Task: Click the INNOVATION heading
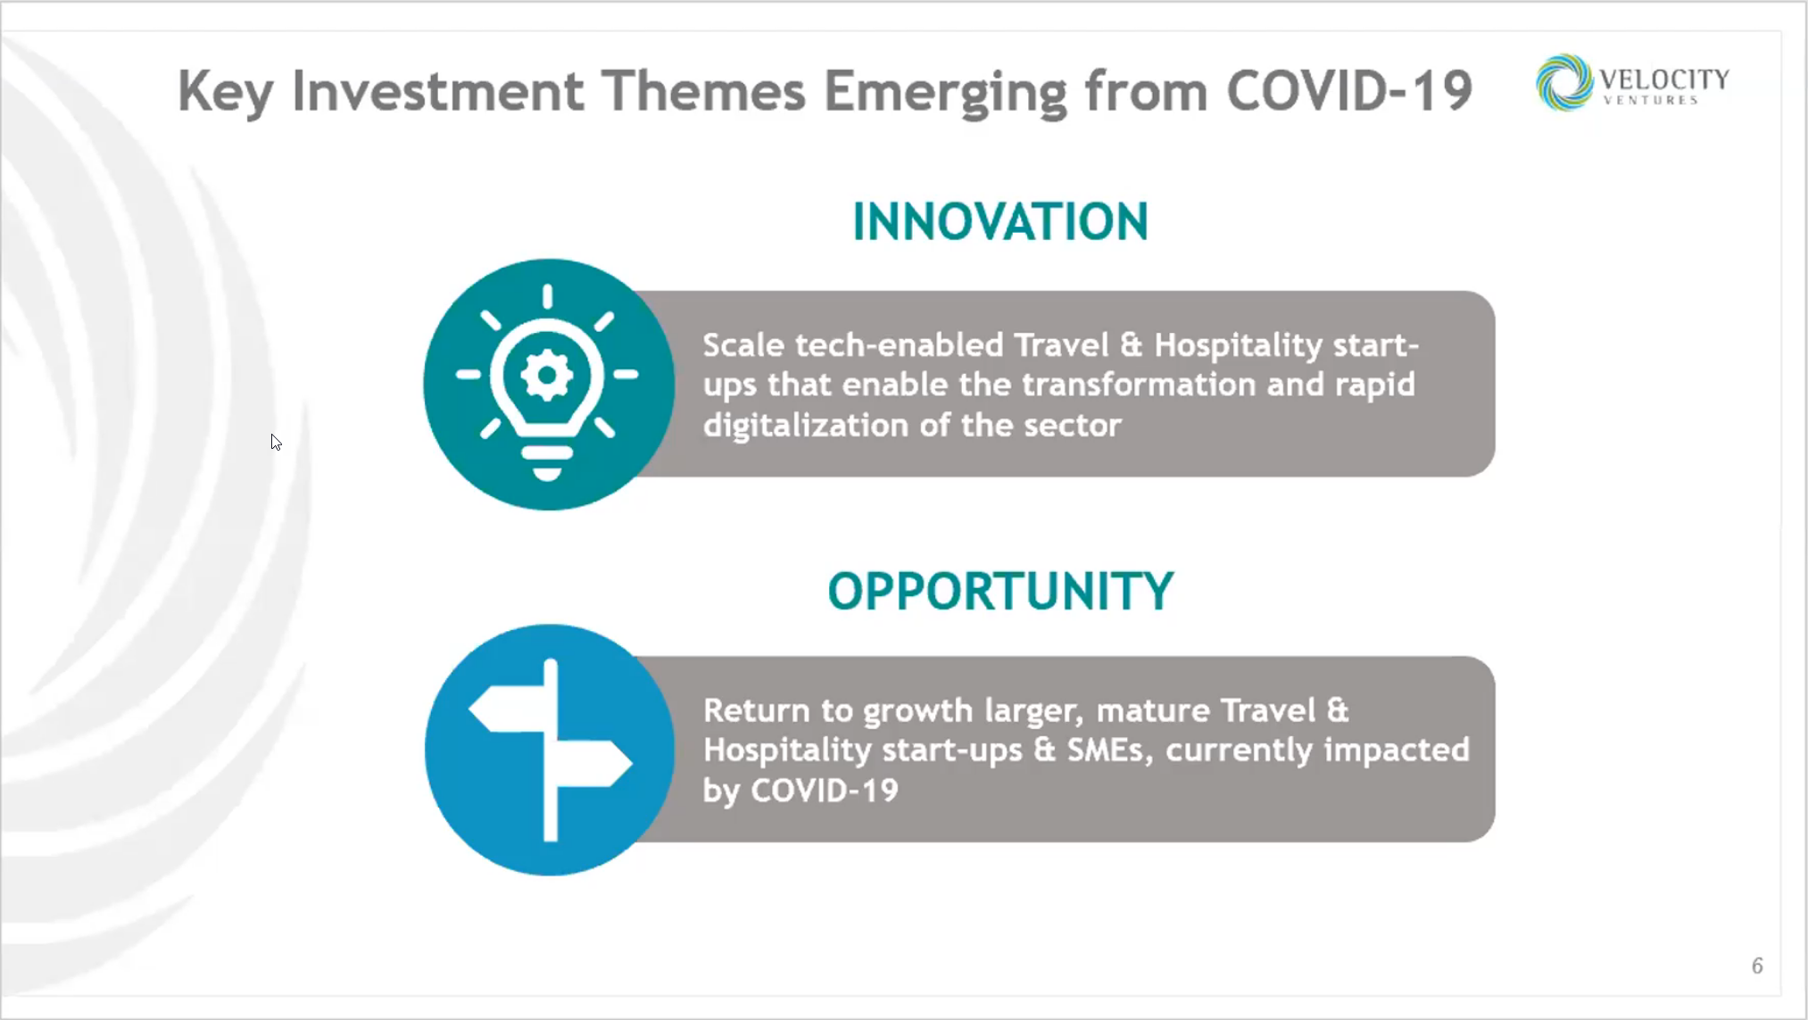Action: point(999,221)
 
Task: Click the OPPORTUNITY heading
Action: point(1000,591)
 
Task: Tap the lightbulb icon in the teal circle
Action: point(547,382)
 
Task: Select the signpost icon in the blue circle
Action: point(551,750)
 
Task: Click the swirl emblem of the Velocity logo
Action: point(1564,82)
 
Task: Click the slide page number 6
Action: point(1757,966)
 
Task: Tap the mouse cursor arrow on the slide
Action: point(276,443)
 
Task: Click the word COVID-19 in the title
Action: point(1349,91)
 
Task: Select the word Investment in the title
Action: point(437,91)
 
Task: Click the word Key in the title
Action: point(226,93)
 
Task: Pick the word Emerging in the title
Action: point(945,93)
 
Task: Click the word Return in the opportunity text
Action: point(757,710)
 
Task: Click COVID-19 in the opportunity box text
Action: point(825,791)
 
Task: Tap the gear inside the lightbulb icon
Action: point(547,375)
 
